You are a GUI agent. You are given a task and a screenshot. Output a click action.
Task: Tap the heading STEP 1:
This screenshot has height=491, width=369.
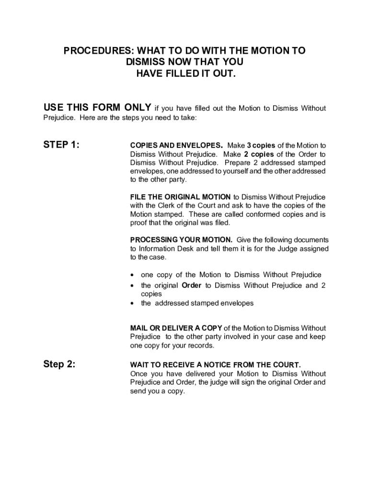(x=61, y=145)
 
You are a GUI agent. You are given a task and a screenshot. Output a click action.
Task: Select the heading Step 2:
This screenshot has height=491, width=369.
(x=59, y=364)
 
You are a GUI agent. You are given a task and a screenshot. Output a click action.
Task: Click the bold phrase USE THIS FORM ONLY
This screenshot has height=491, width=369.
(x=97, y=107)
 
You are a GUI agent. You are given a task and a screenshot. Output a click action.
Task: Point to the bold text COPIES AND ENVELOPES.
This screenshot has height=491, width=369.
(x=176, y=146)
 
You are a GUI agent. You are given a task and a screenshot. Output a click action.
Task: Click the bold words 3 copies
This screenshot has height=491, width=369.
(x=261, y=146)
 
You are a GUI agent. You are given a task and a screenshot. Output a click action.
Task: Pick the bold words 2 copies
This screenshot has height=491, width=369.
(x=259, y=154)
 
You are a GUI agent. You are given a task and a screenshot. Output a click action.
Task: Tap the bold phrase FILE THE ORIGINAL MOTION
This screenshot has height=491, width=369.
(x=180, y=197)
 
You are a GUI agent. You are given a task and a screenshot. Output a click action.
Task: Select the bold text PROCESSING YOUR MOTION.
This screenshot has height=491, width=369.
(x=181, y=240)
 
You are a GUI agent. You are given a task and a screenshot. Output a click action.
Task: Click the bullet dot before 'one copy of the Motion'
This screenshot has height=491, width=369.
(x=133, y=275)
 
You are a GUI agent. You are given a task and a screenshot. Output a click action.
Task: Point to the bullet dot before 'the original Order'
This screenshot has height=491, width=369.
(x=133, y=286)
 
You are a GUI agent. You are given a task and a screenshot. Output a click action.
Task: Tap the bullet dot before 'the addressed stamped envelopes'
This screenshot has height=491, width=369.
(x=133, y=304)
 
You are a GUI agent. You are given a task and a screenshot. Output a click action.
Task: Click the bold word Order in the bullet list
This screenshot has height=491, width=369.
(x=192, y=286)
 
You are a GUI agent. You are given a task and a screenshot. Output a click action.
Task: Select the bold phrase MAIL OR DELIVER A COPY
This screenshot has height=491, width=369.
(x=176, y=328)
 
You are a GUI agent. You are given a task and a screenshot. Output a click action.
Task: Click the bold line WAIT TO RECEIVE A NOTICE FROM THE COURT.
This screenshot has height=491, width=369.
(x=215, y=365)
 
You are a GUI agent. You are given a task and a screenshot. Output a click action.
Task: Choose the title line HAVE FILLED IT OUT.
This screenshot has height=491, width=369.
(x=186, y=73)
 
